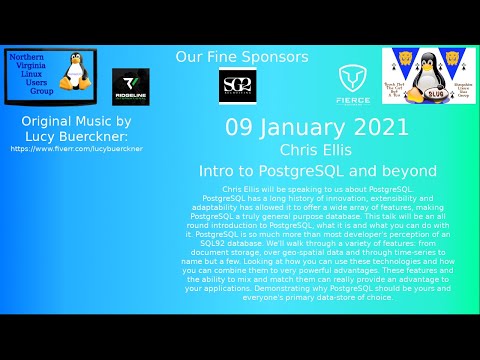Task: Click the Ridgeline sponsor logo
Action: click(130, 87)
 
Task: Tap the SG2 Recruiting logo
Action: click(238, 87)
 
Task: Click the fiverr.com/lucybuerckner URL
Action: click(76, 149)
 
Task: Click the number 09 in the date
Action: click(239, 128)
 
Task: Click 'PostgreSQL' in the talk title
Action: click(333, 171)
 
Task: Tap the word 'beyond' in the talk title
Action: click(414, 171)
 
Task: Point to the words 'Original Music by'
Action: click(76, 121)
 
